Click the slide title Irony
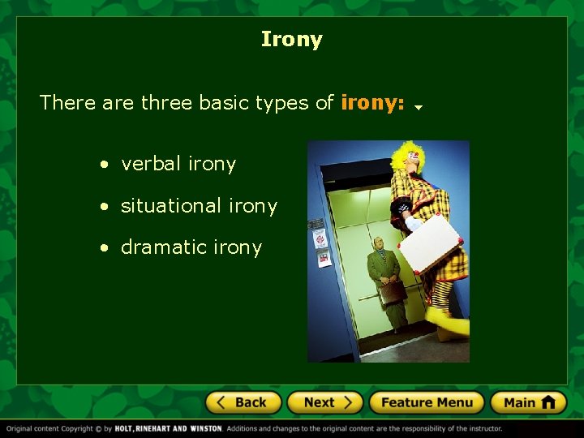(x=292, y=39)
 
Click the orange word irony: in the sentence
(x=372, y=103)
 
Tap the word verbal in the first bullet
(x=151, y=164)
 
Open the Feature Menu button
(x=426, y=402)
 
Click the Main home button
(x=528, y=402)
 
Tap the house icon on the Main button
(x=548, y=401)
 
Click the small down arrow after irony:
(x=419, y=107)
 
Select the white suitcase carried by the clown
(x=430, y=243)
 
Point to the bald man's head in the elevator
(x=377, y=243)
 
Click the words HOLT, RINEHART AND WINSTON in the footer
(x=168, y=428)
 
